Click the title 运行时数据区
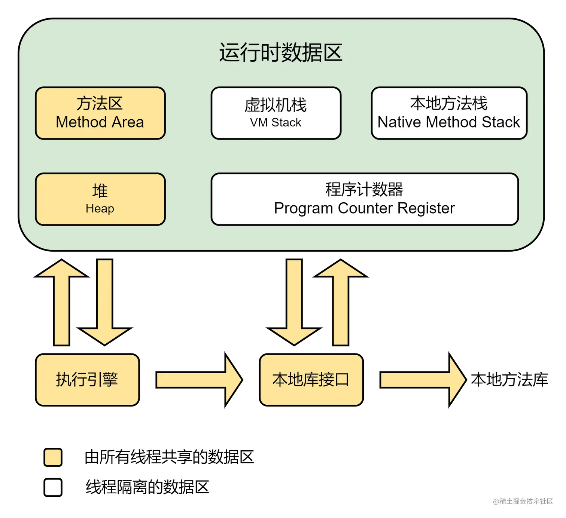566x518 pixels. (x=281, y=53)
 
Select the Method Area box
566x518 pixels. (x=100, y=113)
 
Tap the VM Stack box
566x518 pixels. (x=276, y=113)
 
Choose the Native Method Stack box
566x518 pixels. (x=449, y=113)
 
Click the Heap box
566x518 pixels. (x=100, y=199)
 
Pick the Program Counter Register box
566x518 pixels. (x=364, y=199)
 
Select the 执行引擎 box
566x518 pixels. (x=87, y=380)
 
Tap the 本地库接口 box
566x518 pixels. (x=311, y=380)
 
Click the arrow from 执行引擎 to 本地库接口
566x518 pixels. (x=199, y=380)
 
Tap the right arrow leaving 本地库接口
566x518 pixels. (x=423, y=380)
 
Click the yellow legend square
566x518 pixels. (x=53, y=457)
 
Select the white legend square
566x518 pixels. (x=53, y=487)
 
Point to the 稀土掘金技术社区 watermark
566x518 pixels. (x=523, y=501)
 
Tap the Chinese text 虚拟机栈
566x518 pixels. (x=276, y=105)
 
